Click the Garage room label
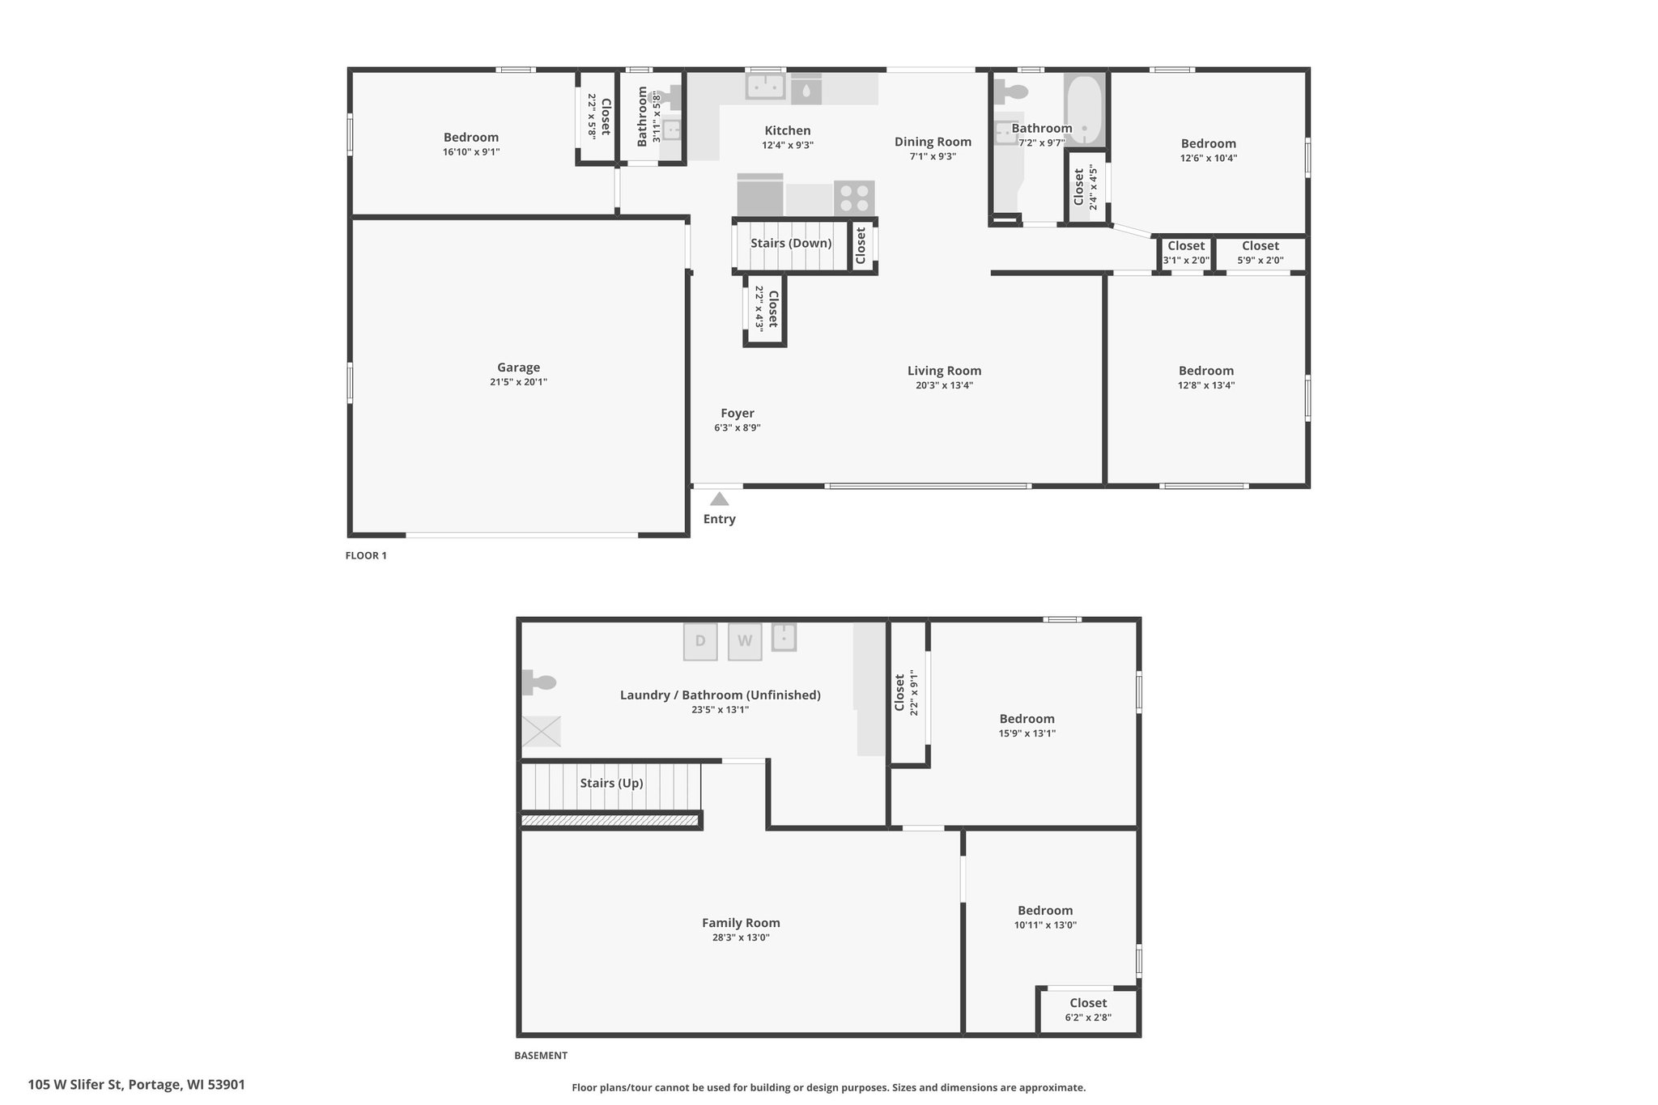[x=518, y=368]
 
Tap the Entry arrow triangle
[x=719, y=499]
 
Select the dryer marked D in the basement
[x=700, y=641]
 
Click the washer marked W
[x=745, y=641]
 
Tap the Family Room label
[x=741, y=923]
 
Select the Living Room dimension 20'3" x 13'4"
[x=944, y=385]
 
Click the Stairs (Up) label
[x=611, y=784]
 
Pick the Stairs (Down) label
[x=791, y=244]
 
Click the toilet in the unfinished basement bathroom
[x=538, y=682]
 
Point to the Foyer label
[x=738, y=414]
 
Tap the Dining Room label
[x=933, y=142]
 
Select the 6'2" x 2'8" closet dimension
[x=1088, y=1018]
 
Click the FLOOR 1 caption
[x=366, y=556]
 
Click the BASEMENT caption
[x=541, y=1056]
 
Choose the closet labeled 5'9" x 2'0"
[x=1261, y=253]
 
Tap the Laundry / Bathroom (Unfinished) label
[x=721, y=695]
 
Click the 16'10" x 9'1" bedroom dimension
[x=471, y=152]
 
